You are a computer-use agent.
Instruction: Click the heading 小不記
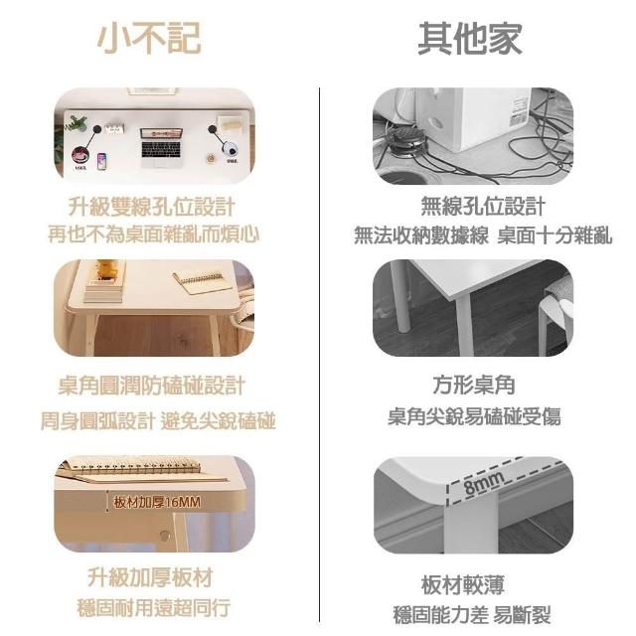pyautogui.click(x=149, y=38)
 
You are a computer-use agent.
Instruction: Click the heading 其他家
pyautogui.click(x=470, y=38)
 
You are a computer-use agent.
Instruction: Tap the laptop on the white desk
pyautogui.click(x=161, y=147)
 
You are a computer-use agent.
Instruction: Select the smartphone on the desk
pyautogui.click(x=101, y=161)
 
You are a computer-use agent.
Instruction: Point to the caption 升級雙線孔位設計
pyautogui.click(x=151, y=207)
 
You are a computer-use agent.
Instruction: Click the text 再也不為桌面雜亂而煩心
pyautogui.click(x=153, y=235)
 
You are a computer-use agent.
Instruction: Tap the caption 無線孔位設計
pyautogui.click(x=483, y=206)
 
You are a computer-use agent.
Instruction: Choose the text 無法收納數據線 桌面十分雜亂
pyautogui.click(x=483, y=235)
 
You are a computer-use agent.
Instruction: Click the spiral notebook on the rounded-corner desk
pyautogui.click(x=199, y=279)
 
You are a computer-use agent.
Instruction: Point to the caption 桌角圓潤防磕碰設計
pyautogui.click(x=151, y=386)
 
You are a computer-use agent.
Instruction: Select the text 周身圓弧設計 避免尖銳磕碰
pyautogui.click(x=158, y=420)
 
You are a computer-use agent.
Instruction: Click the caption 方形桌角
pyautogui.click(x=474, y=385)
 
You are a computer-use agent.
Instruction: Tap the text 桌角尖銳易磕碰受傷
pyautogui.click(x=474, y=416)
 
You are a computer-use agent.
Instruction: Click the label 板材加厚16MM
pyautogui.click(x=157, y=502)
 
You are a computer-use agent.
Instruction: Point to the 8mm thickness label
pyautogui.click(x=484, y=483)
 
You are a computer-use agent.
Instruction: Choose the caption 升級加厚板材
pyautogui.click(x=150, y=576)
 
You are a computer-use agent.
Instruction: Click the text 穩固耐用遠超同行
pyautogui.click(x=154, y=607)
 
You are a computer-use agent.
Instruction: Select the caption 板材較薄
pyautogui.click(x=463, y=584)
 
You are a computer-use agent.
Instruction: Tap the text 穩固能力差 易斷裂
pyautogui.click(x=472, y=615)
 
